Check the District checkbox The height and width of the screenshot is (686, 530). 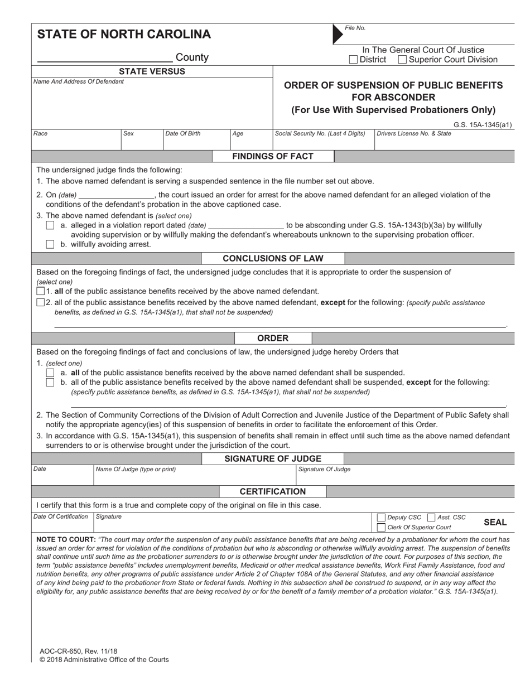pyautogui.click(x=353, y=60)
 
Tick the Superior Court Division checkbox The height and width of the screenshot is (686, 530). pyautogui.click(x=402, y=60)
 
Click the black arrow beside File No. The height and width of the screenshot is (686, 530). pyautogui.click(x=338, y=34)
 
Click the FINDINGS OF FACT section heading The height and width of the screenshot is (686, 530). pyautogui.click(x=273, y=156)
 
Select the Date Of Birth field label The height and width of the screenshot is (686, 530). pyautogui.click(x=183, y=134)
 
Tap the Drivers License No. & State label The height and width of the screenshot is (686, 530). pyautogui.click(x=414, y=134)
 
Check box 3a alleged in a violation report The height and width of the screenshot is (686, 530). pyautogui.click(x=50, y=225)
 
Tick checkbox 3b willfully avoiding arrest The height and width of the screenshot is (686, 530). pyautogui.click(x=50, y=244)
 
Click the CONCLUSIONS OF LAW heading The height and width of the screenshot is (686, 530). pyautogui.click(x=273, y=258)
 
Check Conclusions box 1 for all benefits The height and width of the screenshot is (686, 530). pyautogui.click(x=40, y=291)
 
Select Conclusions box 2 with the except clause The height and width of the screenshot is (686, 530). pyautogui.click(x=40, y=302)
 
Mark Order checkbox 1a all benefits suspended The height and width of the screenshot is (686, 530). pyautogui.click(x=50, y=373)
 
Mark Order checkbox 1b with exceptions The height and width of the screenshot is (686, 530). pyautogui.click(x=50, y=383)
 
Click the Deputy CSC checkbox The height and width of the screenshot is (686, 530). pyautogui.click(x=381, y=518)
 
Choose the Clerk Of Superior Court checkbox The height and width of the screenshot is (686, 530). pyautogui.click(x=381, y=527)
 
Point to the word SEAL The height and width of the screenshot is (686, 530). pyautogui.click(x=495, y=523)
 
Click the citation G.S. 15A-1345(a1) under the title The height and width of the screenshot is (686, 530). pyautogui.click(x=483, y=125)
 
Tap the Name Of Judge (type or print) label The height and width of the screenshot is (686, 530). pyautogui.click(x=136, y=470)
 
